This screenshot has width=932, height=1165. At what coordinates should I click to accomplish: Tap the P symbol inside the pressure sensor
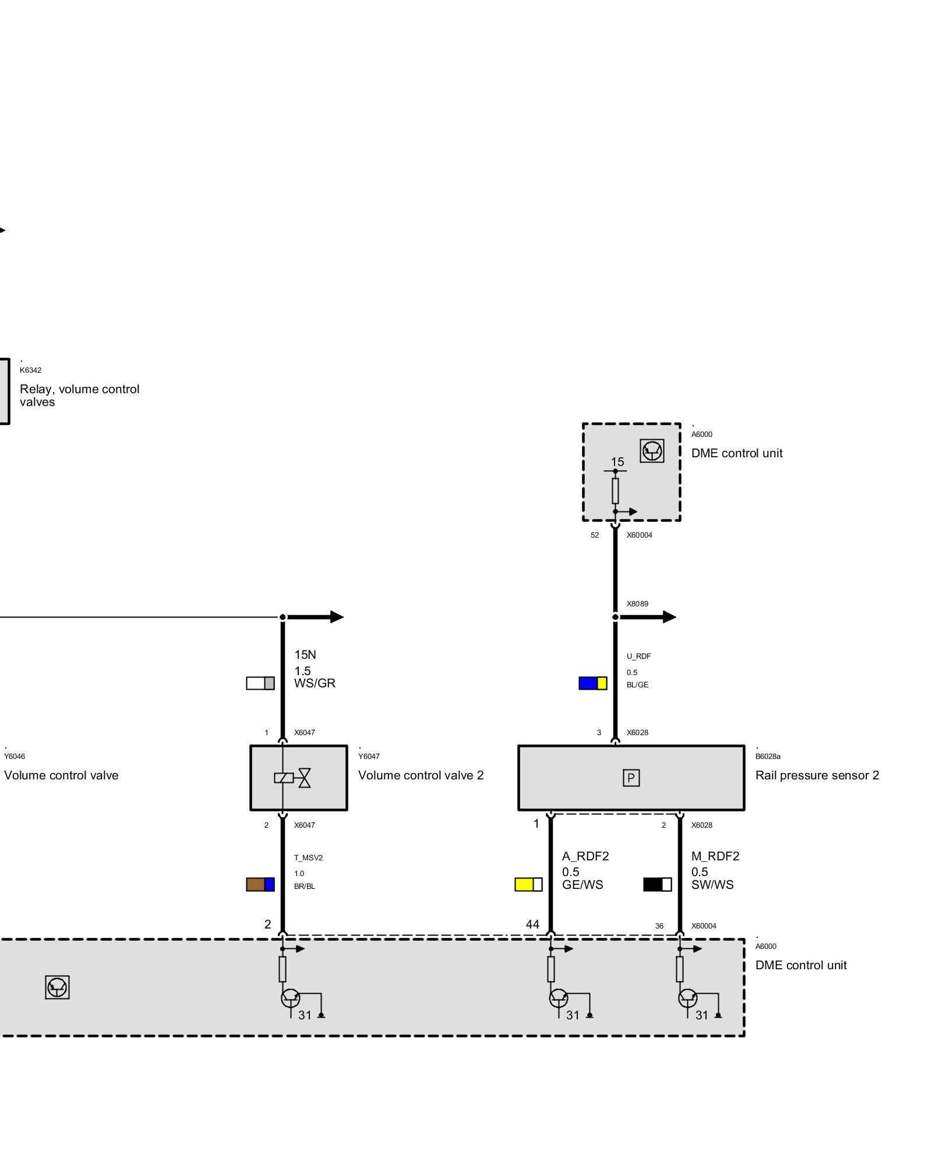[x=631, y=778]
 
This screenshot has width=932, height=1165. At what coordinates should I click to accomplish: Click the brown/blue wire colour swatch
[x=260, y=884]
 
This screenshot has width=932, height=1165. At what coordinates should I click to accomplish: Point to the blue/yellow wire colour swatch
[x=592, y=683]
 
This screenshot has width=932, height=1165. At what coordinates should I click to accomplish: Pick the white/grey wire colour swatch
[x=260, y=683]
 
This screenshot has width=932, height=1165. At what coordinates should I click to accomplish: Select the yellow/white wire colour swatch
[x=528, y=884]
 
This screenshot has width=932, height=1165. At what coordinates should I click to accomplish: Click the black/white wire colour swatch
[x=657, y=884]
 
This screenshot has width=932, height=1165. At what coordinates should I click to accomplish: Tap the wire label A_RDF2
[x=585, y=856]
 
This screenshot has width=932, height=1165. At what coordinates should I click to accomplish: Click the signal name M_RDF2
[x=715, y=856]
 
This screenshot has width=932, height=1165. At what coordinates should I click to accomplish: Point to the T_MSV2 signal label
[x=308, y=857]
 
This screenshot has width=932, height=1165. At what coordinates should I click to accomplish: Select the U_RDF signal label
[x=638, y=656]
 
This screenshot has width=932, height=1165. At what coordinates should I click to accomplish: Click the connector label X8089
[x=637, y=603]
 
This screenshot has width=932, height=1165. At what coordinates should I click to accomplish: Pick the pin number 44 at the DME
[x=532, y=924]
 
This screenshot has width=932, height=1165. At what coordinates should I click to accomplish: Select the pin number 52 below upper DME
[x=595, y=535]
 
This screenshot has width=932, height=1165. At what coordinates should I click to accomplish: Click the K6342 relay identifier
[x=30, y=370]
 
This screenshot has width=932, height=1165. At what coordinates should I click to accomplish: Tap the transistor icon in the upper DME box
[x=652, y=450]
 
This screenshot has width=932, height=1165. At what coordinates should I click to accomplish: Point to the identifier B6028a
[x=768, y=756]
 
